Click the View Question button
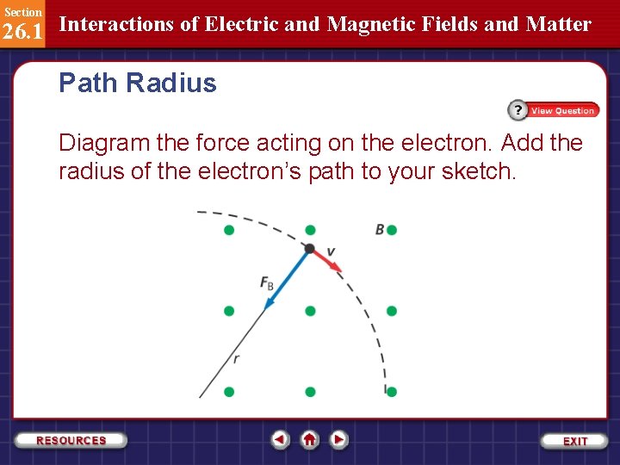click(x=554, y=110)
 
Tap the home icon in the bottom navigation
click(x=310, y=440)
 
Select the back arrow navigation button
click(x=280, y=440)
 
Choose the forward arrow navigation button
click(x=339, y=440)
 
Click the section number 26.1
click(x=22, y=32)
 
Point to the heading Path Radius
click(x=138, y=84)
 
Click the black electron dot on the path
click(x=309, y=249)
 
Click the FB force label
click(x=267, y=282)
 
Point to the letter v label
click(x=331, y=251)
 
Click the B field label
click(x=380, y=229)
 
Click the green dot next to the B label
click(x=392, y=230)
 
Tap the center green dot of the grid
click(x=310, y=311)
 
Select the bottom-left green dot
click(x=229, y=392)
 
